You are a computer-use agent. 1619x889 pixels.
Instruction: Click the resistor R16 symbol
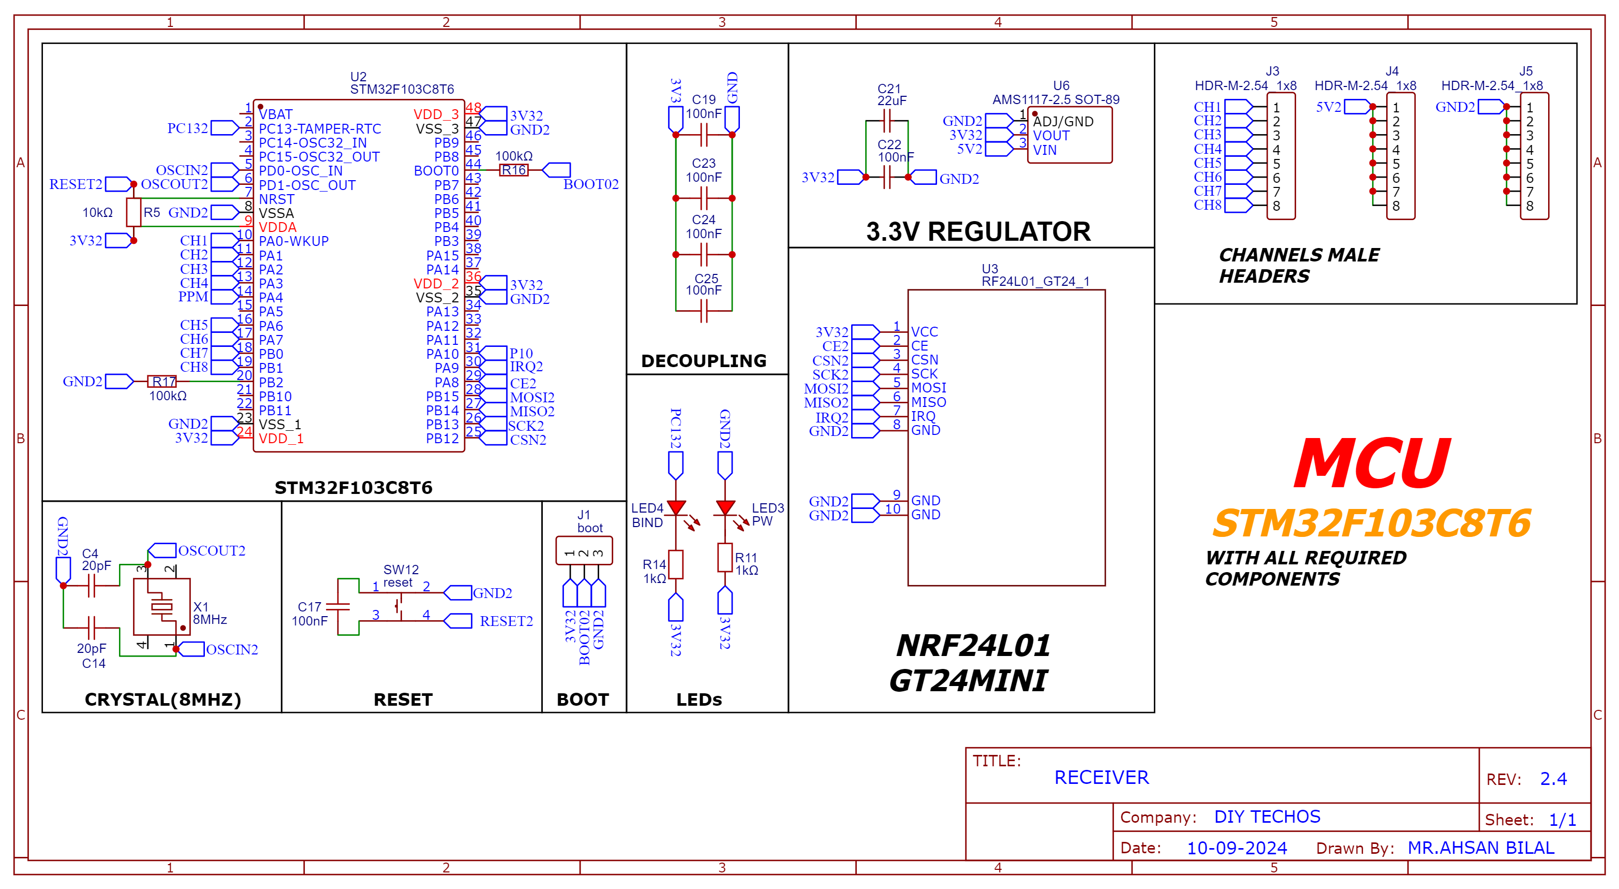point(513,170)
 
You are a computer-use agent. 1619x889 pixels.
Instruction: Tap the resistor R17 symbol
point(162,382)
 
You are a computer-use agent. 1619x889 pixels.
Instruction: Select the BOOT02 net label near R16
point(591,184)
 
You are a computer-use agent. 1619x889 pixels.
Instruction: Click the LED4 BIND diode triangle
point(676,507)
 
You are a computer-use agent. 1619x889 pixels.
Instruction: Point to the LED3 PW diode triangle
point(725,507)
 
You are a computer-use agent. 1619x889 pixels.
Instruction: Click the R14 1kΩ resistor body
point(676,564)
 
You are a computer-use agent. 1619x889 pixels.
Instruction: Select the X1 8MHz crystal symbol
point(161,607)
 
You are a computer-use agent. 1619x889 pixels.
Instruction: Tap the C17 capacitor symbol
point(338,607)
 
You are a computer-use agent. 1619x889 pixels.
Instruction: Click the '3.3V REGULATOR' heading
point(978,231)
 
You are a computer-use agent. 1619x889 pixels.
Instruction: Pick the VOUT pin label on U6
point(1051,136)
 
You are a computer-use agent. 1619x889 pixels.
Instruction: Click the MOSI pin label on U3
point(928,388)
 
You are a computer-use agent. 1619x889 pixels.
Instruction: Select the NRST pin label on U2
point(276,199)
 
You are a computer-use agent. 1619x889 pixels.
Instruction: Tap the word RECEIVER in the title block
point(1101,778)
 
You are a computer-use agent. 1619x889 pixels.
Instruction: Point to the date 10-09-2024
point(1236,848)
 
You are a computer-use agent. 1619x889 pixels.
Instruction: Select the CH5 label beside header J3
point(1207,163)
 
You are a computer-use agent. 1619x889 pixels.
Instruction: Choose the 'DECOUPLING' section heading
point(703,361)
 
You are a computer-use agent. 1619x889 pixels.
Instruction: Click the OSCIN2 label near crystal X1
point(232,649)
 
